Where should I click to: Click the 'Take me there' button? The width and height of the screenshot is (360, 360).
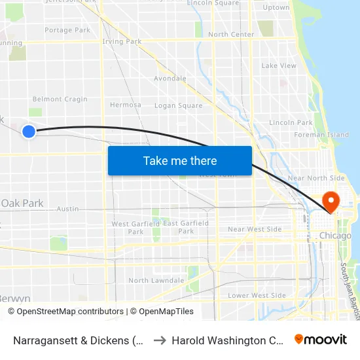[x=180, y=160]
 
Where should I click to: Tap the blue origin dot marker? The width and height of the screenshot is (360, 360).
[x=29, y=132]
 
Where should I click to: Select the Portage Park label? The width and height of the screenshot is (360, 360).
[x=67, y=30]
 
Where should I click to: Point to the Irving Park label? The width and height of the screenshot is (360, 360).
[x=122, y=42]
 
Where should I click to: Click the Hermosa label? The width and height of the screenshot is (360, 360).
[x=126, y=105]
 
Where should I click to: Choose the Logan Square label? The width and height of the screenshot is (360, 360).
[x=178, y=105]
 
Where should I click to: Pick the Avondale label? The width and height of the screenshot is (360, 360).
[x=170, y=79]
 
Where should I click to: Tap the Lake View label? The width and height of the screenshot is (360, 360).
[x=279, y=66]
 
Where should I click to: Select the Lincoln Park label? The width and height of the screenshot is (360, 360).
[x=291, y=122]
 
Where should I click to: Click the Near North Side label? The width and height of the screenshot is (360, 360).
[x=316, y=178]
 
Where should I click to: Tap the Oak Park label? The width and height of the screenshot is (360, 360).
[x=22, y=204]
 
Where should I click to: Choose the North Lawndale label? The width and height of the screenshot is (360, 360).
[x=156, y=281]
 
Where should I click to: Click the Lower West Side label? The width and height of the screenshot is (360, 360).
[x=257, y=296]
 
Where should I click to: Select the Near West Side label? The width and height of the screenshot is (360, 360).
[x=255, y=229]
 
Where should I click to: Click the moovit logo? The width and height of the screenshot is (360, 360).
[x=320, y=339]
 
